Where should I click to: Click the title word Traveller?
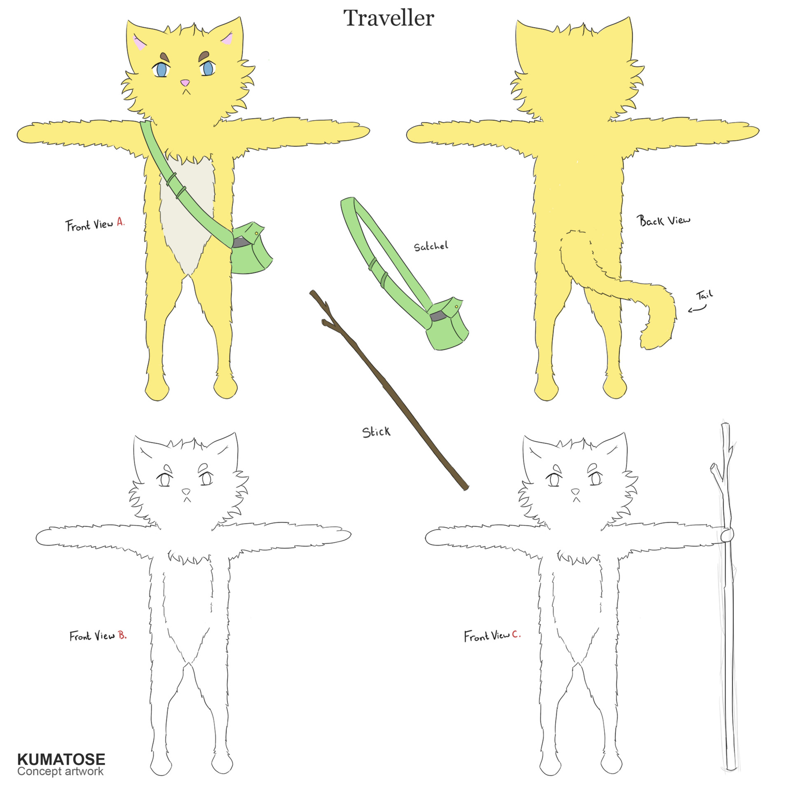tap(388, 18)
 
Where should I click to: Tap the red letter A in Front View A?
tap(120, 222)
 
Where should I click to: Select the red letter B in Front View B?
tap(122, 635)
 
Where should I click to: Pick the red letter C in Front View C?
tap(516, 635)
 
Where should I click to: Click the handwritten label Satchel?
tap(431, 246)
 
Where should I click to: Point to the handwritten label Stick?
tap(376, 432)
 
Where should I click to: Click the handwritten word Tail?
tap(704, 295)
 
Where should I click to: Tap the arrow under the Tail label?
tap(697, 309)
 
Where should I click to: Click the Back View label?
tap(663, 220)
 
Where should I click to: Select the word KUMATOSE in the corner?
tap(61, 759)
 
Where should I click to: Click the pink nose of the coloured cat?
tap(185, 82)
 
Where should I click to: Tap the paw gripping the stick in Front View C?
tap(727, 535)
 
